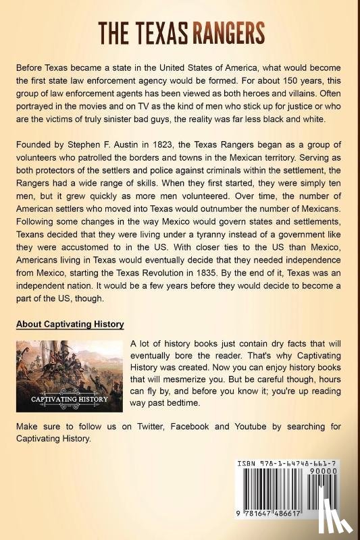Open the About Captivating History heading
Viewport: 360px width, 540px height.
point(70,324)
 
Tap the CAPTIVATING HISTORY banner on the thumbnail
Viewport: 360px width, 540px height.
point(69,398)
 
